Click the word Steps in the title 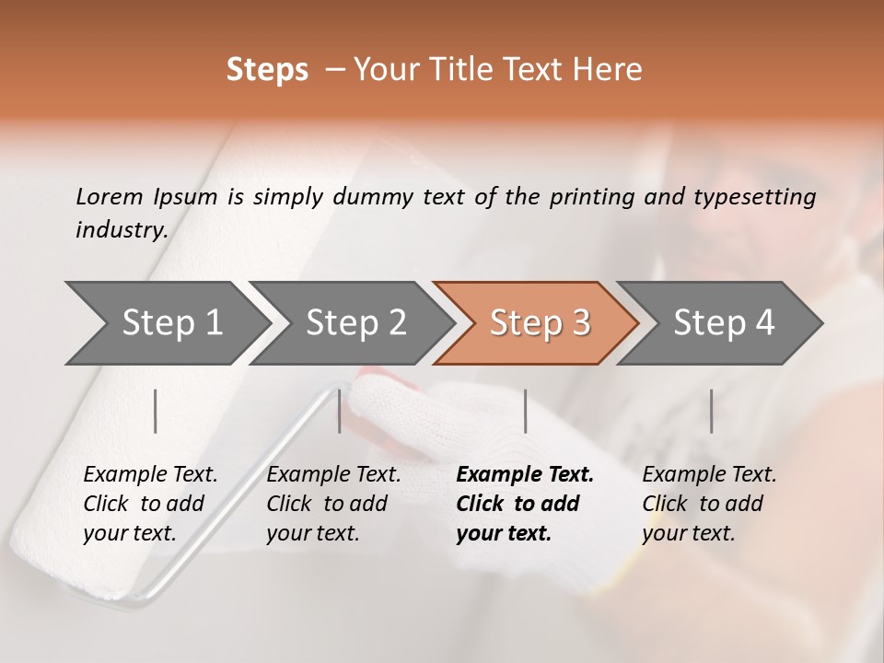(267, 70)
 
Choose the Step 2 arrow (355, 323)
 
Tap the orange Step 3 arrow (539, 323)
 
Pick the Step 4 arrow (723, 323)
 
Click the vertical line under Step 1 (156, 411)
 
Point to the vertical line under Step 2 (340, 411)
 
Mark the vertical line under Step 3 (525, 411)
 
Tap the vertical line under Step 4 (711, 411)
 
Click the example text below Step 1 (150, 504)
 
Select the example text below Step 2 (333, 504)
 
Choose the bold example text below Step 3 (525, 504)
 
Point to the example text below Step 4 (709, 504)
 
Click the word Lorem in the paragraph (109, 196)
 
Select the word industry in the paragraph (122, 230)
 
